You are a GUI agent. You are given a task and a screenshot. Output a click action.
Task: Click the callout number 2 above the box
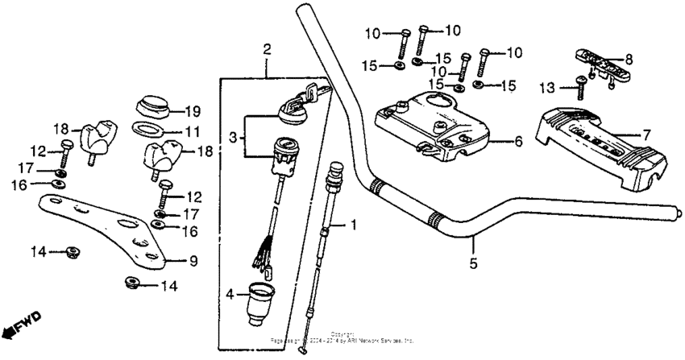point(267,50)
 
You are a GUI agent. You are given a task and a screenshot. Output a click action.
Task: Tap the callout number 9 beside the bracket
point(193,260)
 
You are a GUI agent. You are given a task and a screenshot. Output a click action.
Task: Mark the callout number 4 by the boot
point(231,295)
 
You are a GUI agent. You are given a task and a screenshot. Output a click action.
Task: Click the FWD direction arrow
point(22,323)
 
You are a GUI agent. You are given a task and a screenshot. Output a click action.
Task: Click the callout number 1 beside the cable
point(351,226)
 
